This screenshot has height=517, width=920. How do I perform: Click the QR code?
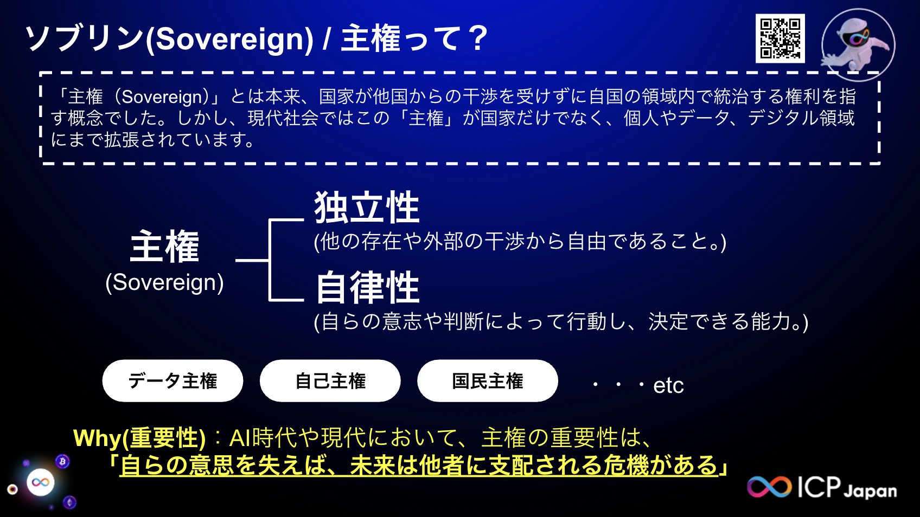tap(780, 38)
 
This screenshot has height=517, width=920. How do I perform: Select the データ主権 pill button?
tap(173, 381)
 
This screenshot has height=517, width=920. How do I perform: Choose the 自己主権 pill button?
tap(330, 381)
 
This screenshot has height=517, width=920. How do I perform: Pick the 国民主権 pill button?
tap(487, 381)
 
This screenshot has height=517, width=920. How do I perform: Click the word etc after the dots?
tap(668, 386)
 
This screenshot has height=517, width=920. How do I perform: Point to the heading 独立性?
tap(367, 208)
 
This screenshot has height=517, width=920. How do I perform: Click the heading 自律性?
tap(368, 287)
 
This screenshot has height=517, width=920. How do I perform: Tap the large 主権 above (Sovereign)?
tap(164, 247)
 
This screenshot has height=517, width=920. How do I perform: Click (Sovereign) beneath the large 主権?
tap(164, 282)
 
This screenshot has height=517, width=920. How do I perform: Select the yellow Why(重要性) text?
tap(139, 438)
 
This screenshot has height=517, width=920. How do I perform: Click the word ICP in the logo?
tap(819, 487)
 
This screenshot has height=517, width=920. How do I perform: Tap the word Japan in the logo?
tap(870, 491)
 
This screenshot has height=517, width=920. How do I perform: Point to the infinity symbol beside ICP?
tap(769, 487)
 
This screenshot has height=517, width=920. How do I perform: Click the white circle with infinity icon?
tap(41, 482)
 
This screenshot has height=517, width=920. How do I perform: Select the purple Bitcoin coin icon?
tap(63, 461)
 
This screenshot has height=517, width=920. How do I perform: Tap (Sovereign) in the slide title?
tap(230, 40)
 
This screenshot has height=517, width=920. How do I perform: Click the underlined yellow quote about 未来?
tap(419, 466)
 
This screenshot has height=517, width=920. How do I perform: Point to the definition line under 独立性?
tap(520, 242)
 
